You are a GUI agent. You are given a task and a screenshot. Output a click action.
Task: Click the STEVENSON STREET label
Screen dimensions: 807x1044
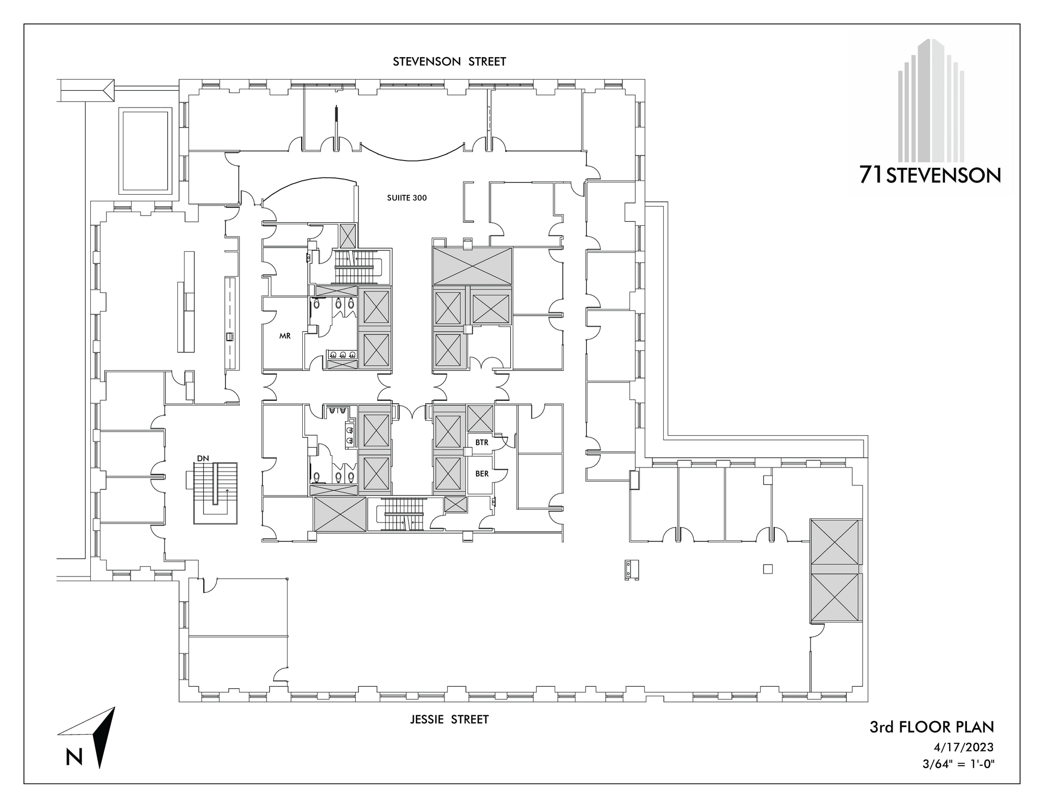coord(449,62)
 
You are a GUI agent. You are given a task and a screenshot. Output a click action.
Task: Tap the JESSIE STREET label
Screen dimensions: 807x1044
coord(449,719)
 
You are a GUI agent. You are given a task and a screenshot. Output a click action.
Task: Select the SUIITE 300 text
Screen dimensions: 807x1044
coord(406,198)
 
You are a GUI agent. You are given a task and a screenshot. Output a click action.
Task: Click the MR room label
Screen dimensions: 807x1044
coord(285,336)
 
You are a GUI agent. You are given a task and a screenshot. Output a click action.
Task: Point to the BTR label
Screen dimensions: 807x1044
coord(482,442)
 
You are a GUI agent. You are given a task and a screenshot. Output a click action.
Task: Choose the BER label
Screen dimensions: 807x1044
coord(482,474)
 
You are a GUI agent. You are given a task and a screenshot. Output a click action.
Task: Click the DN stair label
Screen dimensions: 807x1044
coord(203,458)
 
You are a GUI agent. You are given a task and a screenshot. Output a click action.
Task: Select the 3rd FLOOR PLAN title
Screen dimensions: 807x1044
coord(931,727)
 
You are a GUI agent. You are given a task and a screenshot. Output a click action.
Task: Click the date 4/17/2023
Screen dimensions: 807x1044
coord(963,747)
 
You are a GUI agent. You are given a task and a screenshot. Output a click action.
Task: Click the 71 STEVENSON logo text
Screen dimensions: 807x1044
coord(930,175)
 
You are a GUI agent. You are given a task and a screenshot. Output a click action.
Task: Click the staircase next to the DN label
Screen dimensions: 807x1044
coord(216,493)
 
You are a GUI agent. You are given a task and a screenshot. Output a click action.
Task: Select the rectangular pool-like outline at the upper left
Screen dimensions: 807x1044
coord(145,150)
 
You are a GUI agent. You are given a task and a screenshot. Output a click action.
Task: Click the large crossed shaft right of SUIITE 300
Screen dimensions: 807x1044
coord(472,266)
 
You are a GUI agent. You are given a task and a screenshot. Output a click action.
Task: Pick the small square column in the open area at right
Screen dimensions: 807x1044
coord(767,569)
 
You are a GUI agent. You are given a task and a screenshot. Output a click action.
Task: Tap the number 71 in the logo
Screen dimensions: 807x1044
coord(871,175)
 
